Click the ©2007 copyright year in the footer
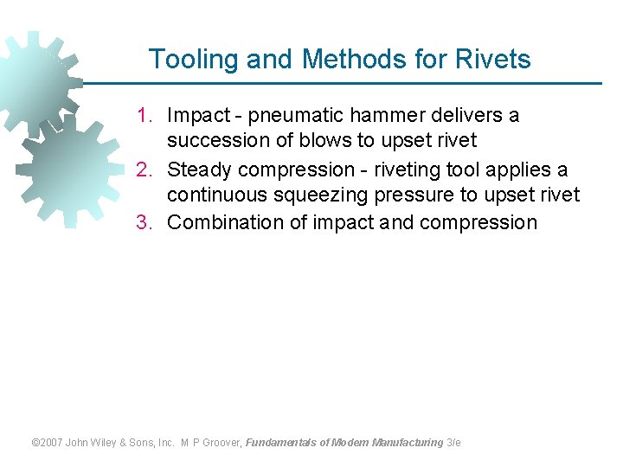tap(48, 442)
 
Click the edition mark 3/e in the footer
tap(453, 442)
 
